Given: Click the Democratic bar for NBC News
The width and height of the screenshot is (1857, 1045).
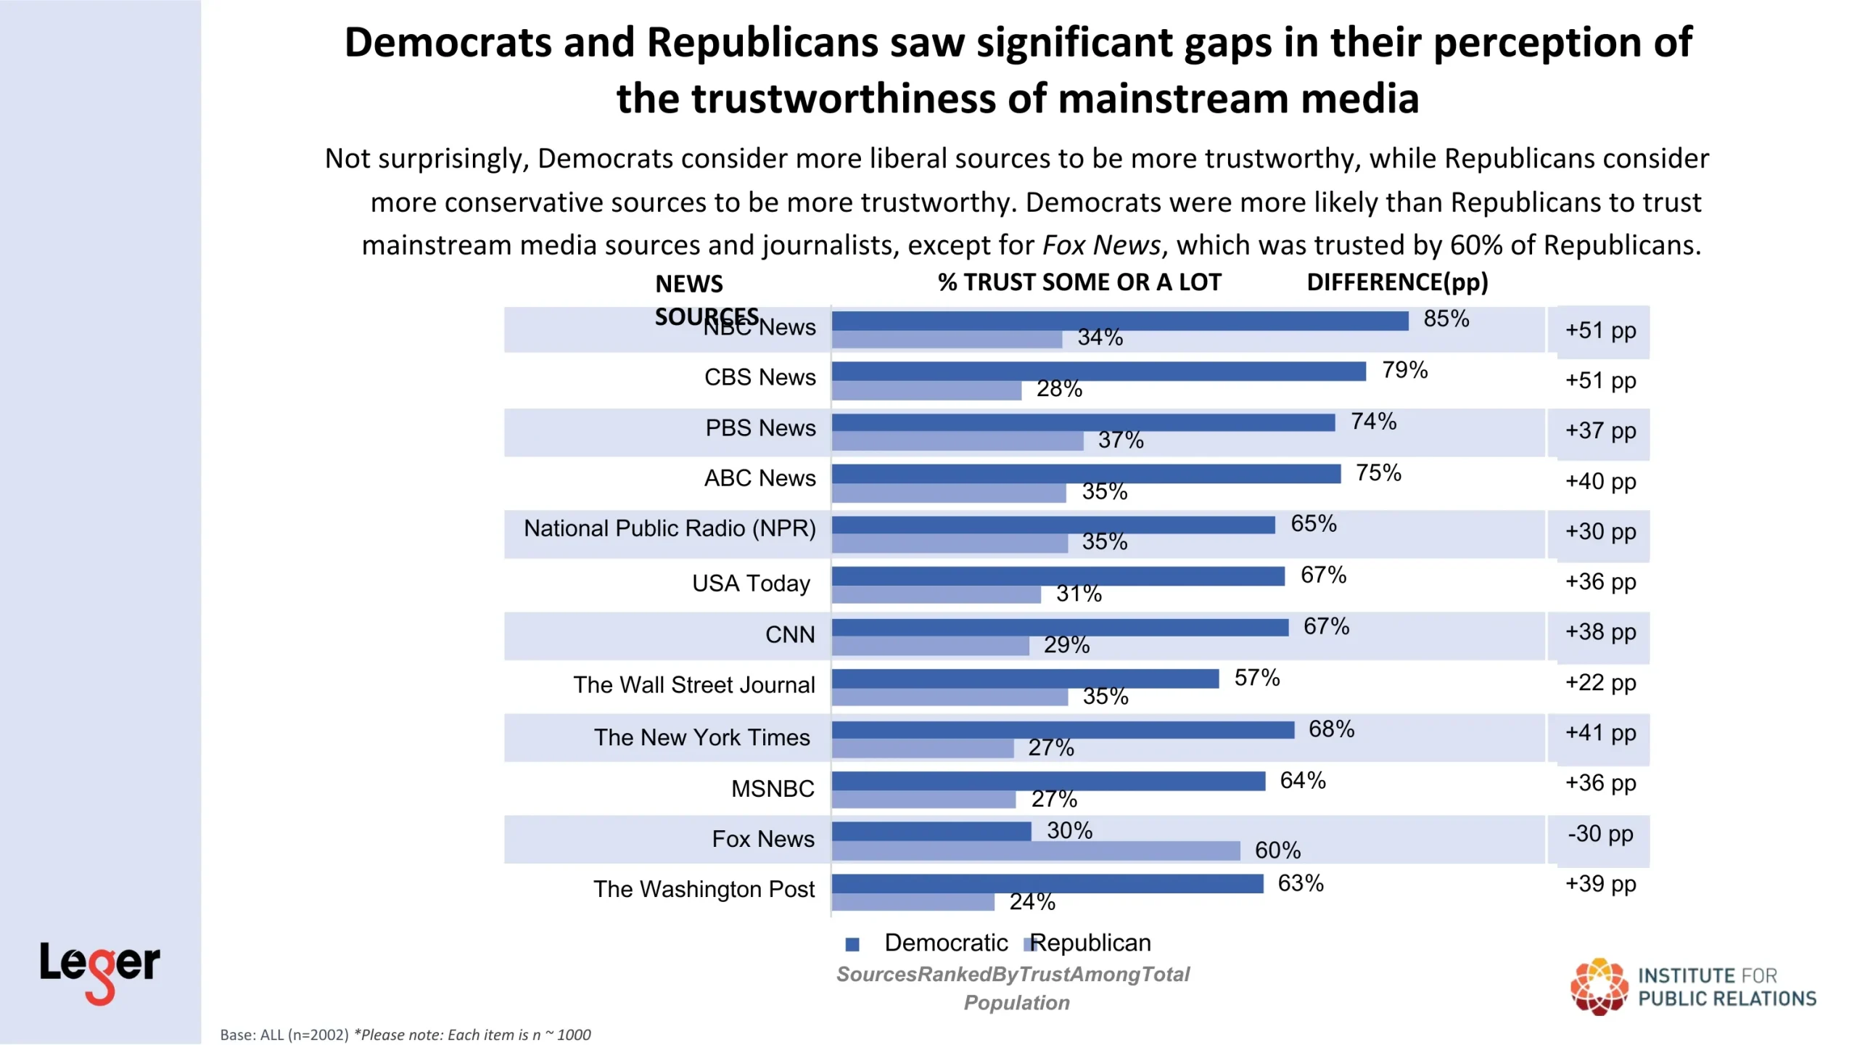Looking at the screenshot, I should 1119,321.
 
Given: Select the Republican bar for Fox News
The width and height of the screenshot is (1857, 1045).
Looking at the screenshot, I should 1035,851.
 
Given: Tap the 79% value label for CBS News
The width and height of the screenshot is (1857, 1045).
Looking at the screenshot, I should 1404,370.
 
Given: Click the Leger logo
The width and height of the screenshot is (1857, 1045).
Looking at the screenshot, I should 99,970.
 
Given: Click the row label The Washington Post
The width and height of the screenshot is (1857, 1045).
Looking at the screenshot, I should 704,889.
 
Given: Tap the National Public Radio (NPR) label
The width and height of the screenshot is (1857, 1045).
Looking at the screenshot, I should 670,528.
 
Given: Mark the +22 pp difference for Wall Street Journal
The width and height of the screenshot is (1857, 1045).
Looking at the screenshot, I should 1600,683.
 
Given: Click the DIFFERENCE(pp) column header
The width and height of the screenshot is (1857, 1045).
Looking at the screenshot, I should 1397,282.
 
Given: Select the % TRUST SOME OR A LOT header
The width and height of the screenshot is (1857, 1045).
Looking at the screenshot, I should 1079,282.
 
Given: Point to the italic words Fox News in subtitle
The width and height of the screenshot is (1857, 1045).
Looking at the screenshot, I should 1101,245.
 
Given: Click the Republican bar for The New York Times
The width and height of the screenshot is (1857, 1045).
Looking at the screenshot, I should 922,748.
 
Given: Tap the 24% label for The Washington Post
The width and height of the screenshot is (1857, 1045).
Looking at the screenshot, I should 1032,902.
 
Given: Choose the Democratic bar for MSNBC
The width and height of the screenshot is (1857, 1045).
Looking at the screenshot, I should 1048,781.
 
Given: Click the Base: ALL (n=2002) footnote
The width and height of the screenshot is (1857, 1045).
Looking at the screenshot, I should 284,1035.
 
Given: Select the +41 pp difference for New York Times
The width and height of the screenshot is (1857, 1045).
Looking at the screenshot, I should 1600,733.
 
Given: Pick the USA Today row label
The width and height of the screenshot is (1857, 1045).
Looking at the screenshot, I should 751,583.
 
